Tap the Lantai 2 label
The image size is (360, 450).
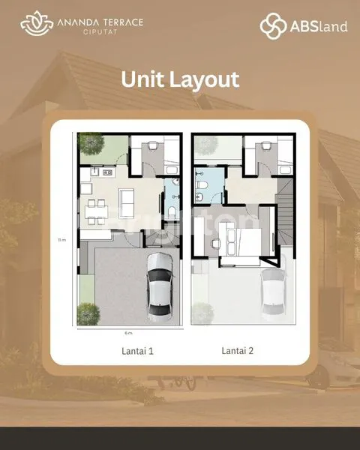coord(237,350)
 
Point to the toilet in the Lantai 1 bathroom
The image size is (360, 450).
coord(172,215)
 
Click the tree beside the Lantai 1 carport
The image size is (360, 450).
coord(88,313)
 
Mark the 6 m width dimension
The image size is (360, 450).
coord(128,332)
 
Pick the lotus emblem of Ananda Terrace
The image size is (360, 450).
coord(34,25)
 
